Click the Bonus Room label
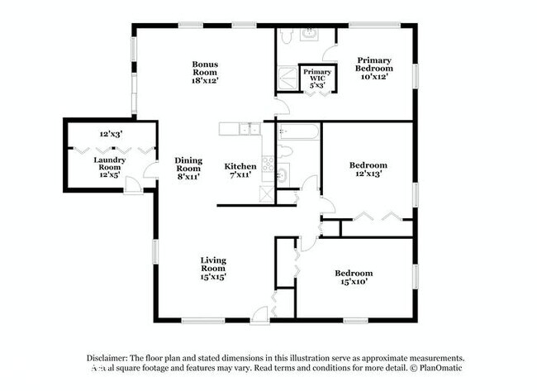click(x=205, y=72)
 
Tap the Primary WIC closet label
click(x=317, y=77)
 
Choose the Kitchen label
click(x=240, y=170)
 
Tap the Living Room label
click(x=212, y=268)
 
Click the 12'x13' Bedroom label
click(x=368, y=169)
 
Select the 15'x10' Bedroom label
click(x=353, y=277)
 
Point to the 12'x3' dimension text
click(x=111, y=134)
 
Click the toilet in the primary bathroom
click(x=286, y=36)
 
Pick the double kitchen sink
click(x=249, y=129)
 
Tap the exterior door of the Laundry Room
click(x=133, y=185)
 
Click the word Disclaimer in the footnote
click(x=112, y=357)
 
